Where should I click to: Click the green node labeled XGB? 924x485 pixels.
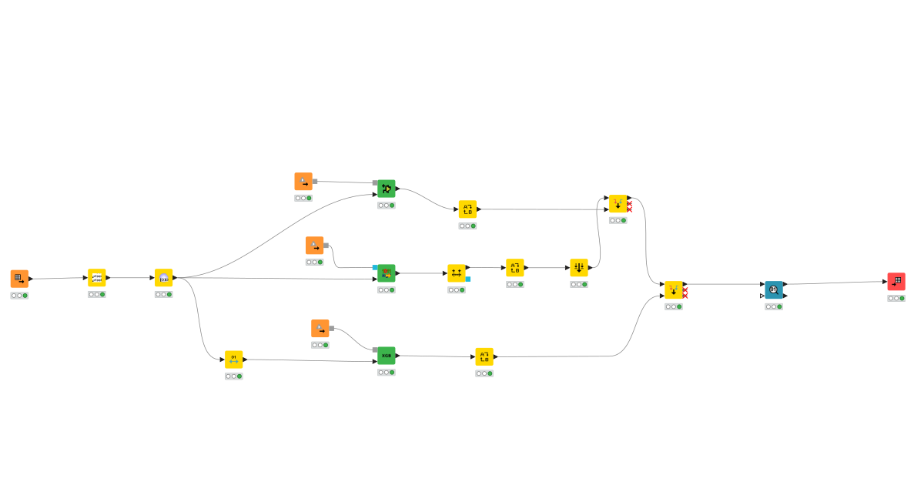[x=387, y=356]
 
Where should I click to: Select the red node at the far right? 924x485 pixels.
[x=896, y=282]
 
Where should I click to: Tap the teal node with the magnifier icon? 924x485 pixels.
[x=774, y=290]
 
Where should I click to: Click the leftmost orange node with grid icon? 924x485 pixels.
[x=19, y=279]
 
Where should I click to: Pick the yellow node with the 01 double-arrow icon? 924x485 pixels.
[x=234, y=360]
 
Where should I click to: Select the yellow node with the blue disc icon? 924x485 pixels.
[x=163, y=278]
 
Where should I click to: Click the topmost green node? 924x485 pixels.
[x=387, y=189]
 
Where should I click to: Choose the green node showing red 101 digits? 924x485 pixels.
[x=387, y=273]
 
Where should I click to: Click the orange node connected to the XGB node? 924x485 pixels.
[x=320, y=329]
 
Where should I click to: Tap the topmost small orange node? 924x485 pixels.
[x=303, y=182]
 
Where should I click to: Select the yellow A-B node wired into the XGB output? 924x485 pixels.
[x=484, y=356]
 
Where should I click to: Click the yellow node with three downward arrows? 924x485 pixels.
[x=579, y=267]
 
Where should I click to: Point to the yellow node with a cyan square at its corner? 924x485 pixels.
[x=457, y=273]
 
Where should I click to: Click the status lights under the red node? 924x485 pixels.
[x=896, y=298]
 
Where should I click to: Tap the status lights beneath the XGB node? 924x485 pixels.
[x=387, y=372]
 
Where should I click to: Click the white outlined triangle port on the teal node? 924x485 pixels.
[x=762, y=296]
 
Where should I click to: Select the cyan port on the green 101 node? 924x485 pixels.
[x=375, y=267]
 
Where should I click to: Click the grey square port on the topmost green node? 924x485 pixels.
[x=375, y=182]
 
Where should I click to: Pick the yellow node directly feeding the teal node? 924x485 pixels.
[x=674, y=290]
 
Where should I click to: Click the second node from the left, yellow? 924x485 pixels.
[x=97, y=278]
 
